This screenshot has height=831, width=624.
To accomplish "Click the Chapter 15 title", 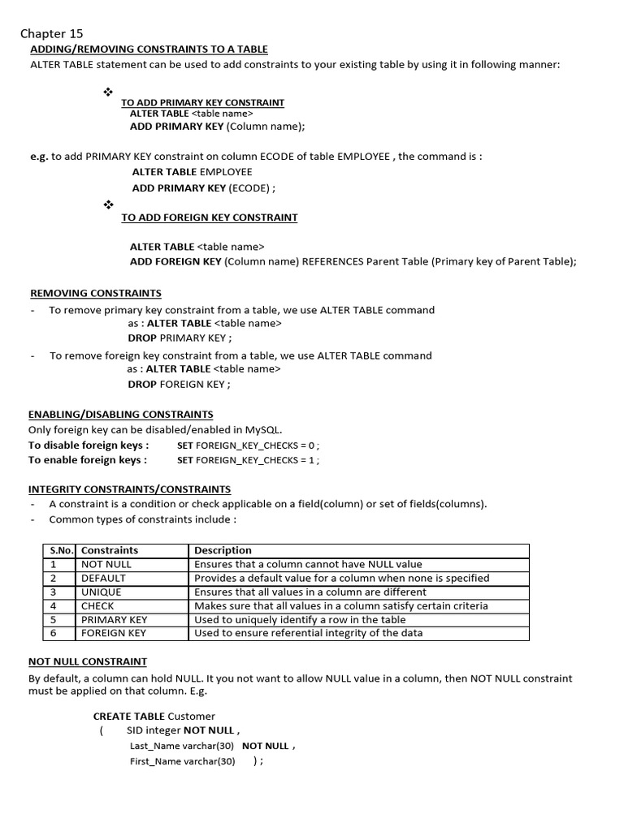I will (x=51, y=33).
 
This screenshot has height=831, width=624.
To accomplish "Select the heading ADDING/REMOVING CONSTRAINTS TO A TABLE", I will (x=149, y=50).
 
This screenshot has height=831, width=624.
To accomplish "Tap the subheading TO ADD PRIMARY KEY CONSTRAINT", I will (x=202, y=102).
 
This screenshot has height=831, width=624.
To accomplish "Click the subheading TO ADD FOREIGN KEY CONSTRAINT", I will (x=209, y=217).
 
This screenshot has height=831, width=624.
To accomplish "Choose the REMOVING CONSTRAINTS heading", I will (x=96, y=293).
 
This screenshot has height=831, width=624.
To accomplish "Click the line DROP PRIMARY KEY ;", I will (x=180, y=338).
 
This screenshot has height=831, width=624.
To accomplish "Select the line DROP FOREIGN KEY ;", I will (x=179, y=384).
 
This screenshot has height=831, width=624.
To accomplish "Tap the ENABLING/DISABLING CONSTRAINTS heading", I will (x=121, y=414).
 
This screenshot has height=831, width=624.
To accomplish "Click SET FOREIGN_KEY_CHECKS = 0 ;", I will (x=248, y=446).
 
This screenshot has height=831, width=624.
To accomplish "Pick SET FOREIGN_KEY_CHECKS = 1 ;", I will (x=248, y=460).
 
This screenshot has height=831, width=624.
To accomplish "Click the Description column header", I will (x=223, y=550).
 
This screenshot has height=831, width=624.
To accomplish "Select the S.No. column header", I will (x=61, y=550).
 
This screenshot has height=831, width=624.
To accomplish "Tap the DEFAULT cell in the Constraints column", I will (x=103, y=578).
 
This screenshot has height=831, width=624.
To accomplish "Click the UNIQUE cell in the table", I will (x=101, y=592).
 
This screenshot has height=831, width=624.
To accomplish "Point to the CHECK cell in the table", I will (x=97, y=605).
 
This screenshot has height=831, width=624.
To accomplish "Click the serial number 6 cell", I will (x=54, y=633).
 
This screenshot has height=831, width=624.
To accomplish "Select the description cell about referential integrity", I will (x=308, y=633).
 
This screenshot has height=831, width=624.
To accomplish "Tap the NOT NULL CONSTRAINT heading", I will (x=88, y=662).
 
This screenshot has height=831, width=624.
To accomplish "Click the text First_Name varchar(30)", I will (x=182, y=761).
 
